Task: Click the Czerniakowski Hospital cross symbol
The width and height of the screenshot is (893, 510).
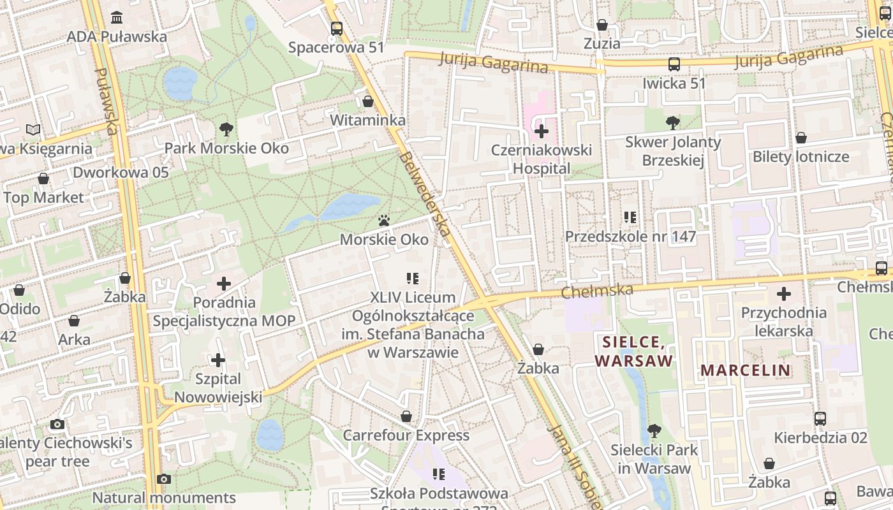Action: tap(542, 132)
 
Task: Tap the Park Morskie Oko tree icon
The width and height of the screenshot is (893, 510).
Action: tap(226, 129)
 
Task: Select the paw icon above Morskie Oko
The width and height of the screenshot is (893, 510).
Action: tap(384, 221)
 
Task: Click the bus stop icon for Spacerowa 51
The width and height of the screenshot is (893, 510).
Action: tap(336, 29)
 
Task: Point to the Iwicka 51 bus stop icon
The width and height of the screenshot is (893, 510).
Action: tap(674, 64)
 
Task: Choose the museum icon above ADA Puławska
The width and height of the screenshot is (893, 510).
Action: tap(117, 17)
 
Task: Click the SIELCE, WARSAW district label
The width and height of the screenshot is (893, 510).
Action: tap(634, 351)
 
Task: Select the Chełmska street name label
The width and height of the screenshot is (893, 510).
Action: tap(597, 291)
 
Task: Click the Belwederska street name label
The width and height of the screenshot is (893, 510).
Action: tap(424, 194)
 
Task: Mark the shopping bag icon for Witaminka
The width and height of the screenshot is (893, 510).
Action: tap(368, 101)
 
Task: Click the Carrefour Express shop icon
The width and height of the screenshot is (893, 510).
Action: tap(406, 417)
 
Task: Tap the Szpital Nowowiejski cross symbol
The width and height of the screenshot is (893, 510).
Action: tap(218, 360)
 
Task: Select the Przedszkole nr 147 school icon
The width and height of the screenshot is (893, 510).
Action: tap(630, 217)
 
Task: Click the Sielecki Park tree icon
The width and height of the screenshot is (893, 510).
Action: tap(654, 431)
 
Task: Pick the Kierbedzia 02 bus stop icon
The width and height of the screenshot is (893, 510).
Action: tap(820, 419)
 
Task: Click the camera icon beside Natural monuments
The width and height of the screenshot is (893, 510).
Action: tap(164, 479)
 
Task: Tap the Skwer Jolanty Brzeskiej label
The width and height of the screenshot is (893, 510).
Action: tap(673, 150)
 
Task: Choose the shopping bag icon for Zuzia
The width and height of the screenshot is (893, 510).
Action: tap(601, 25)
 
